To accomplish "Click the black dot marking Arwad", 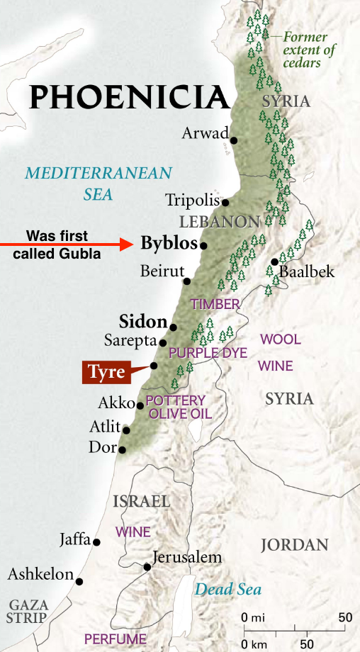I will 234,140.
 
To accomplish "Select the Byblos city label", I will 168,244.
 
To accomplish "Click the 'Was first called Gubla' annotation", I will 57,243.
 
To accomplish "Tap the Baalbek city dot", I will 274,262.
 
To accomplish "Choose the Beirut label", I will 162,271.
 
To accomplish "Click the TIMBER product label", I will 215,304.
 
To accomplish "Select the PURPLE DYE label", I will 208,352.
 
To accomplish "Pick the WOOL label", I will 281,339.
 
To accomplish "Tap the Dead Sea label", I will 228,589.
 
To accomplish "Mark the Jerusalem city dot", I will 147,567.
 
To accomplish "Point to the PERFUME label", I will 115,639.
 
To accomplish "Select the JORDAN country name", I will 294,545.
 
